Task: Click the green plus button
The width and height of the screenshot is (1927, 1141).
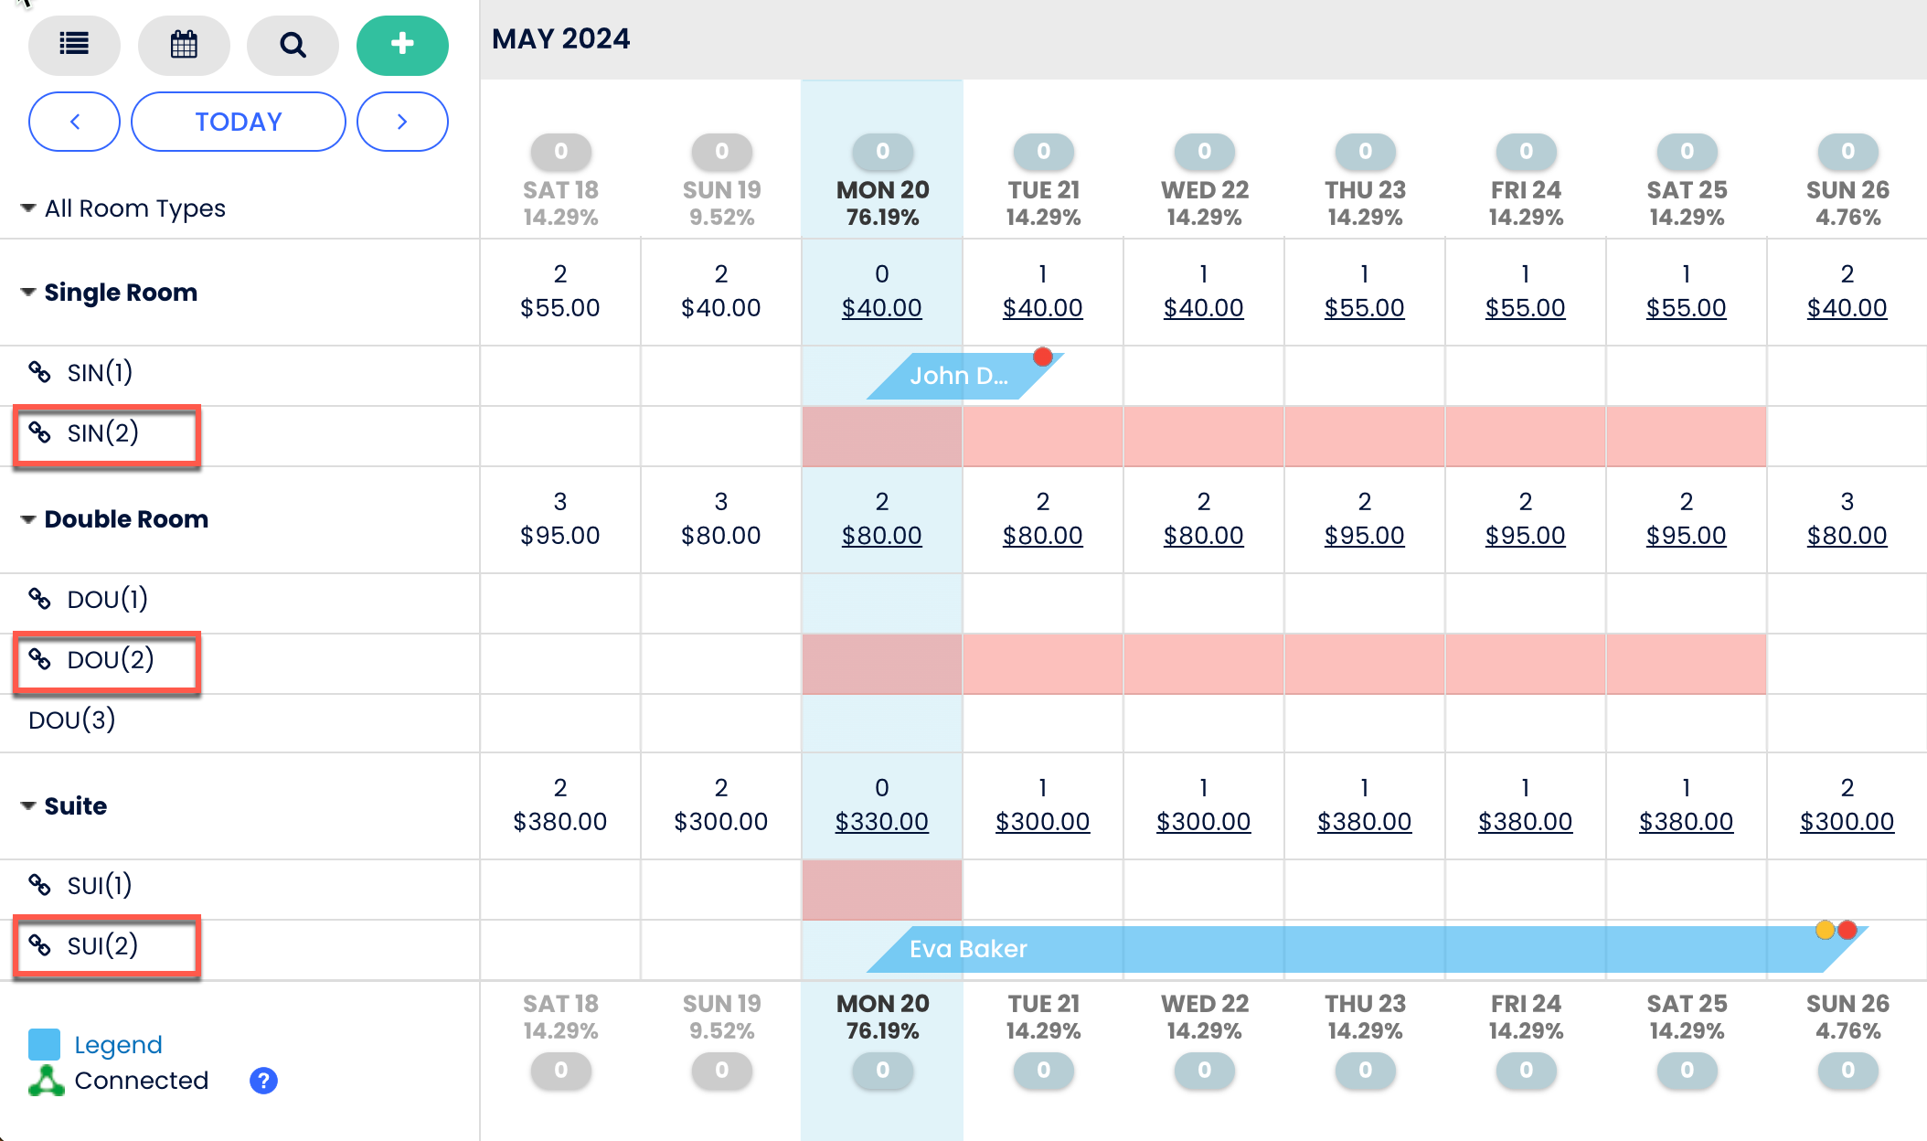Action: coord(402,45)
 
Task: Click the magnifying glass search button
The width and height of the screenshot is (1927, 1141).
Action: coord(293,45)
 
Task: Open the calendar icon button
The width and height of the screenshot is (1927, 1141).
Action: coord(184,45)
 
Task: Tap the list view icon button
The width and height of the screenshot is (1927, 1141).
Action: coord(74,45)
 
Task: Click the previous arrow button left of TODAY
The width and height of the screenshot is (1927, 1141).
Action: coord(75,122)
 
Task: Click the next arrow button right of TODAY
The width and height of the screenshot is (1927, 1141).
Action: coord(402,122)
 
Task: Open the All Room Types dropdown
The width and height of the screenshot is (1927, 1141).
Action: coord(123,208)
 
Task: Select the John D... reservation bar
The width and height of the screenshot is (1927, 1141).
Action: coord(958,376)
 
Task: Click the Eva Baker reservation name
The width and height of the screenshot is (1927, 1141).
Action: coord(968,949)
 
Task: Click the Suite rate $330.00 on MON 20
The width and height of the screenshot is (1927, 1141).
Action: coord(881,821)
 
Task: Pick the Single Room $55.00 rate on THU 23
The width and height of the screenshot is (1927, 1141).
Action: coord(1364,308)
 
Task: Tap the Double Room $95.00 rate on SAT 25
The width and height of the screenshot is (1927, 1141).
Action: coord(1686,535)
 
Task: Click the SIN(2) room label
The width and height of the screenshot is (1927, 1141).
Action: coord(102,433)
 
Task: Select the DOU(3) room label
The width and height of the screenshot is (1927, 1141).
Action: coord(72,720)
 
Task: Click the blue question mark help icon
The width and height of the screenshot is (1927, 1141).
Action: coord(263,1081)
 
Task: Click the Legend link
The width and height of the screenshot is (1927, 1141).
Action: coord(118,1044)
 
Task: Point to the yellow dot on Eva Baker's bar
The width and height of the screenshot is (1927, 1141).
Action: coord(1825,930)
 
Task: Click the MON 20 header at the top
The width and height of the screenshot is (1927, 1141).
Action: coord(882,190)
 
